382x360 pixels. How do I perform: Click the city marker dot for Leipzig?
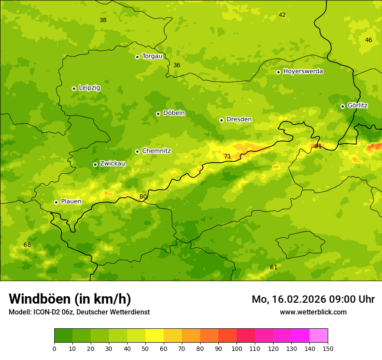pyautogui.click(x=74, y=88)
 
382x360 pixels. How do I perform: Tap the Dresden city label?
pyautogui.click(x=239, y=119)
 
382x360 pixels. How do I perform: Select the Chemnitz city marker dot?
pyautogui.click(x=137, y=151)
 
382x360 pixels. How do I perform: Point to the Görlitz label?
pyautogui.click(x=357, y=105)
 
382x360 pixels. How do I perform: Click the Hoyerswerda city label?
pyautogui.click(x=303, y=72)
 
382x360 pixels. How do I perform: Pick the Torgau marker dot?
pyautogui.click(x=137, y=57)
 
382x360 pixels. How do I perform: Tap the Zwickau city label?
pyautogui.click(x=112, y=164)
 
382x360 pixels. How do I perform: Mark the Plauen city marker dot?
pyautogui.click(x=56, y=202)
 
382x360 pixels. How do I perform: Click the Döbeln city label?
pyautogui.click(x=174, y=113)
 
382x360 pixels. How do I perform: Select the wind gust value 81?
pyautogui.click(x=318, y=147)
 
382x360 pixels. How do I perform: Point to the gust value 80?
pyautogui.click(x=143, y=197)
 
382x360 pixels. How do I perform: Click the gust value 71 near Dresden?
pyautogui.click(x=227, y=157)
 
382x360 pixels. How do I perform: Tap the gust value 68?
pyautogui.click(x=27, y=245)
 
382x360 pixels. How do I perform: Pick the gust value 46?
pyautogui.click(x=369, y=40)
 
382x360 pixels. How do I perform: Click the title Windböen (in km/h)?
pyautogui.click(x=70, y=299)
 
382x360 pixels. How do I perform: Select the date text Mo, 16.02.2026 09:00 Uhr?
pyautogui.click(x=313, y=299)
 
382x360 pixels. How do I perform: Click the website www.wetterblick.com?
pyautogui.click(x=313, y=312)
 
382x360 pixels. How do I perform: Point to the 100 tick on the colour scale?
pyautogui.click(x=237, y=348)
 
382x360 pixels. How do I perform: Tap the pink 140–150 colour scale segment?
pyautogui.click(x=319, y=336)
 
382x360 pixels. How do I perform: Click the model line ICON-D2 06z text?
pyautogui.click(x=79, y=312)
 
